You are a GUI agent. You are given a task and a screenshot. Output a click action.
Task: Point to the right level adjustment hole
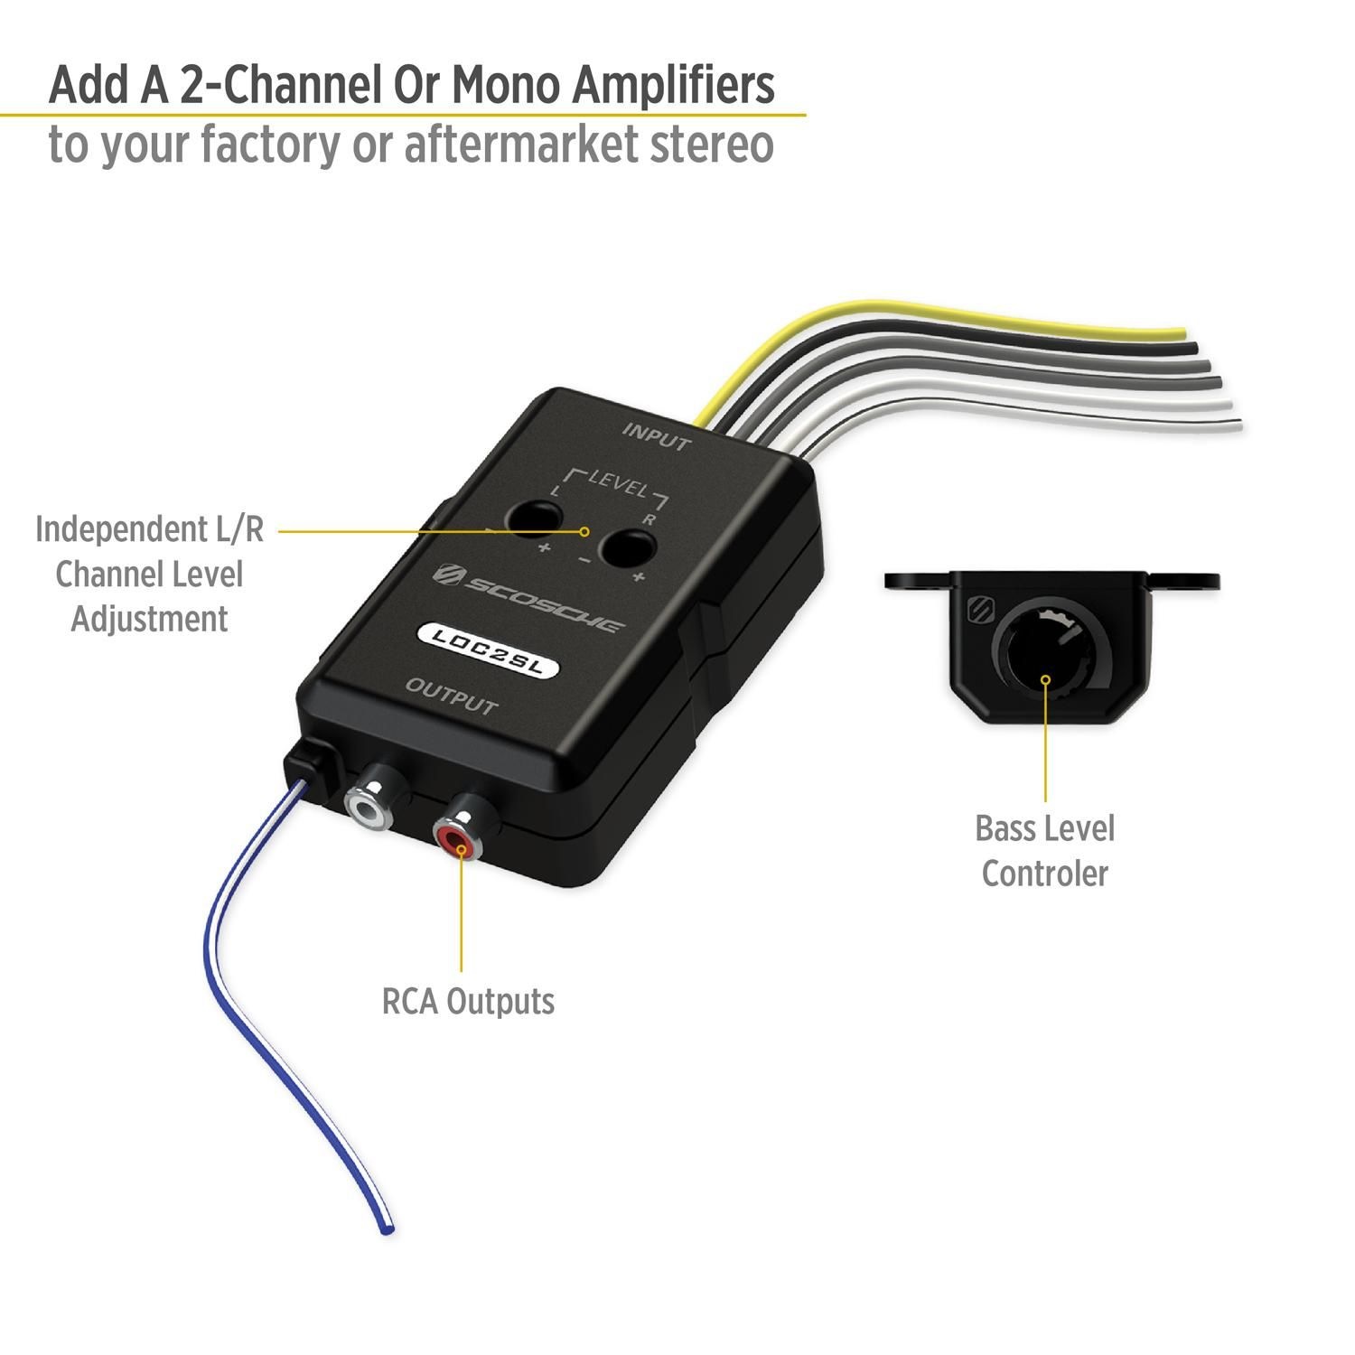point(626,548)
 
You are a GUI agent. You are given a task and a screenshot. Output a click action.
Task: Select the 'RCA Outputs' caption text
point(468,1001)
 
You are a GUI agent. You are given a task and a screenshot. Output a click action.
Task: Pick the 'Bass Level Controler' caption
point(1044,851)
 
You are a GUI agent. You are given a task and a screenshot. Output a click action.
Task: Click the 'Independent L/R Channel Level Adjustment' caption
point(149,574)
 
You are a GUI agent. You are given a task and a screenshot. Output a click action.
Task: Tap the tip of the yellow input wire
point(1179,334)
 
